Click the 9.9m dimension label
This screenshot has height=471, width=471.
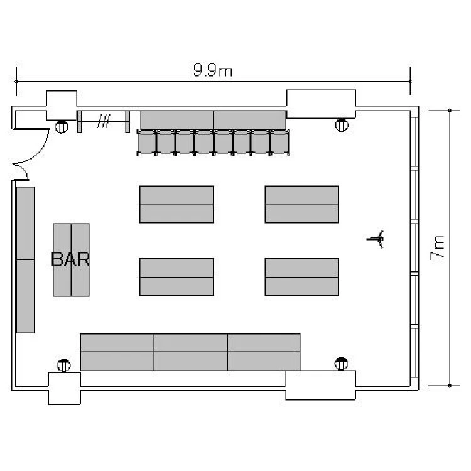(x=212, y=70)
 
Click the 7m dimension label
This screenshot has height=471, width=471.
(x=437, y=248)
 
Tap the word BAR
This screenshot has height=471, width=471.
(x=70, y=259)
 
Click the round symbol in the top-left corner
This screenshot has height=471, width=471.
(x=62, y=126)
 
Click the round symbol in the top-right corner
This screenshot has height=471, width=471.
(x=342, y=125)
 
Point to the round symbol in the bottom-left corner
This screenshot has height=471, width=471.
(x=64, y=365)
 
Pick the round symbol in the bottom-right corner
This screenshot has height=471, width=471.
(x=341, y=364)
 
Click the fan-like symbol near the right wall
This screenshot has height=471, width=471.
(x=376, y=239)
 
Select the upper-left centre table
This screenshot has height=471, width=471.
(x=176, y=205)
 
